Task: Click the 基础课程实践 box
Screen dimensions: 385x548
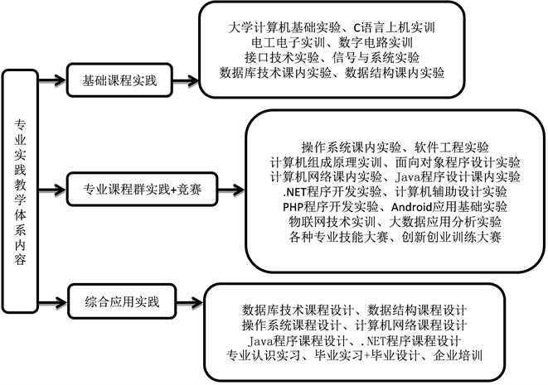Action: point(119,81)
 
